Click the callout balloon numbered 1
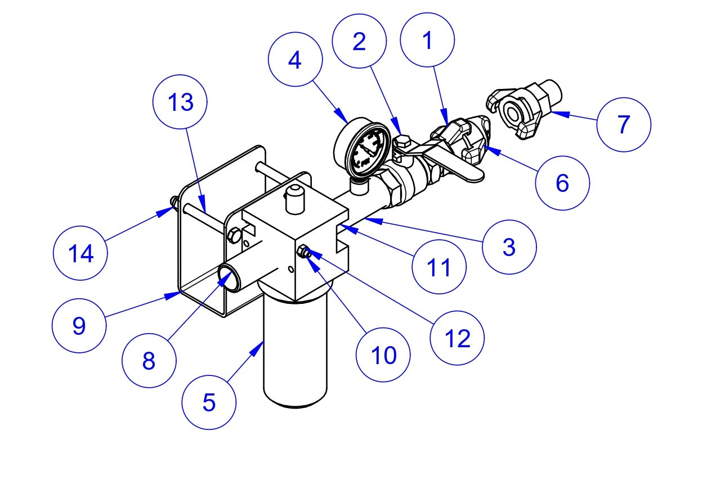[x=427, y=41]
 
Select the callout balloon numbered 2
[x=359, y=42]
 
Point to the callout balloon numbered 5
[x=209, y=402]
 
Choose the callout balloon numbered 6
[x=562, y=183]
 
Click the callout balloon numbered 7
[x=623, y=124]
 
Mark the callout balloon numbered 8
[x=149, y=361]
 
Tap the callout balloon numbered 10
[x=383, y=355]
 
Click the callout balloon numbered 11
[x=439, y=267]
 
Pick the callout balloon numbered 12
[x=457, y=338]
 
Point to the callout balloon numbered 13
[x=180, y=103]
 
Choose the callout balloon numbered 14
[x=80, y=253]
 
